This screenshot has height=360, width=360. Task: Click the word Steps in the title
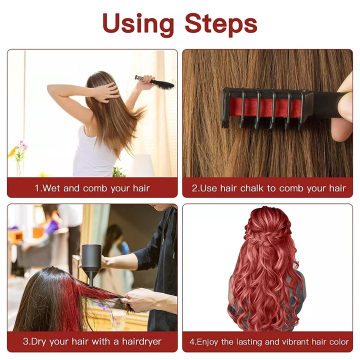tap(221, 23)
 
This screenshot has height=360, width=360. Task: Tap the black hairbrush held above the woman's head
tap(156, 82)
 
